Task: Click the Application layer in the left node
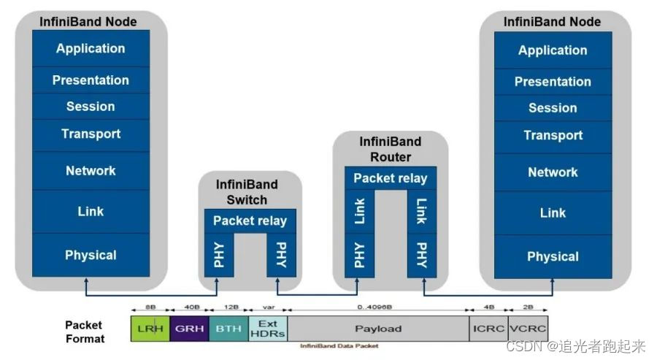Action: pos(91,49)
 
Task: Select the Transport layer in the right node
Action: pos(553,135)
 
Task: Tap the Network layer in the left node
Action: pos(91,171)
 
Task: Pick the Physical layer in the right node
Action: pos(553,256)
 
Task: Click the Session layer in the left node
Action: pos(91,107)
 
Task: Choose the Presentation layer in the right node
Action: pos(553,82)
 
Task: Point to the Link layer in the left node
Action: pos(91,211)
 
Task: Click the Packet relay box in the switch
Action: pos(250,221)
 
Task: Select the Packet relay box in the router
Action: pos(390,178)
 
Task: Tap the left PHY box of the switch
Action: pos(219,254)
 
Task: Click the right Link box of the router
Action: pos(421,212)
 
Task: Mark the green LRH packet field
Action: pos(150,329)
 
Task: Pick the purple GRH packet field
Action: pos(189,329)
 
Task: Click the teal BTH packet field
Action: pos(228,329)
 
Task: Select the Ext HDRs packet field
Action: pos(267,329)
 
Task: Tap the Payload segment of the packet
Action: pos(377,329)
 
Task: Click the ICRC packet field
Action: pos(488,329)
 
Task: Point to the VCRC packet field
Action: pos(527,329)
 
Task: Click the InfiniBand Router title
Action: pos(390,150)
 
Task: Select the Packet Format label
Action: pos(85,332)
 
